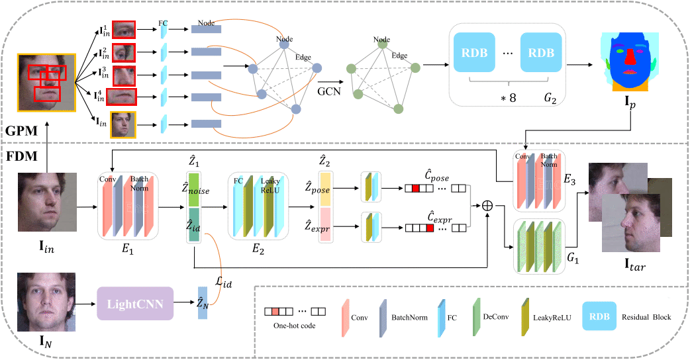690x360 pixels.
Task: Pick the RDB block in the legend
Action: coord(599,316)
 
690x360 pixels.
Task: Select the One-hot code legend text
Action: coord(295,326)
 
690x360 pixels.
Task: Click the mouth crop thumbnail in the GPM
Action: coord(121,97)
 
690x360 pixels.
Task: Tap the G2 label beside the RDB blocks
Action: coord(550,98)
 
